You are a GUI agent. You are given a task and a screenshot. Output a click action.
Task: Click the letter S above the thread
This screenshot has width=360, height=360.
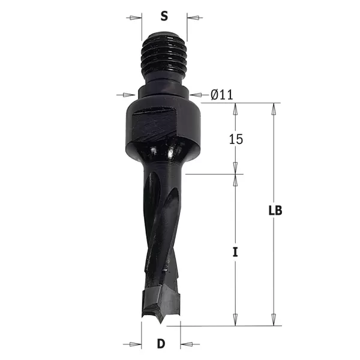164,15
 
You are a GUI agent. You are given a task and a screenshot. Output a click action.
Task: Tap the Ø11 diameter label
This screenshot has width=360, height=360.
221,94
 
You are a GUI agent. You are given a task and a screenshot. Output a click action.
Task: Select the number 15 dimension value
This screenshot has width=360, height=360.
236,139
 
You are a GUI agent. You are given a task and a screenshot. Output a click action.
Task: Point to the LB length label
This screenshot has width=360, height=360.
275,211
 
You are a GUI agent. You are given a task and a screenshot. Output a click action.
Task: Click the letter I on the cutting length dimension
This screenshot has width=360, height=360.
236,253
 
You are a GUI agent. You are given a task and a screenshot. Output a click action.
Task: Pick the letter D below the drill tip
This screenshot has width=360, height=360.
161,344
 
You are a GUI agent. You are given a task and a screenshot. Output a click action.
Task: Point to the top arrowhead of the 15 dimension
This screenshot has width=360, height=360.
236,107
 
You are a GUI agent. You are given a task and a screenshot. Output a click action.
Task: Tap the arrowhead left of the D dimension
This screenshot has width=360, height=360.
136,344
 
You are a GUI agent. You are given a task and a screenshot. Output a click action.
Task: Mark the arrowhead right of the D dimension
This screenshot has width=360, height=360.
186,344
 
